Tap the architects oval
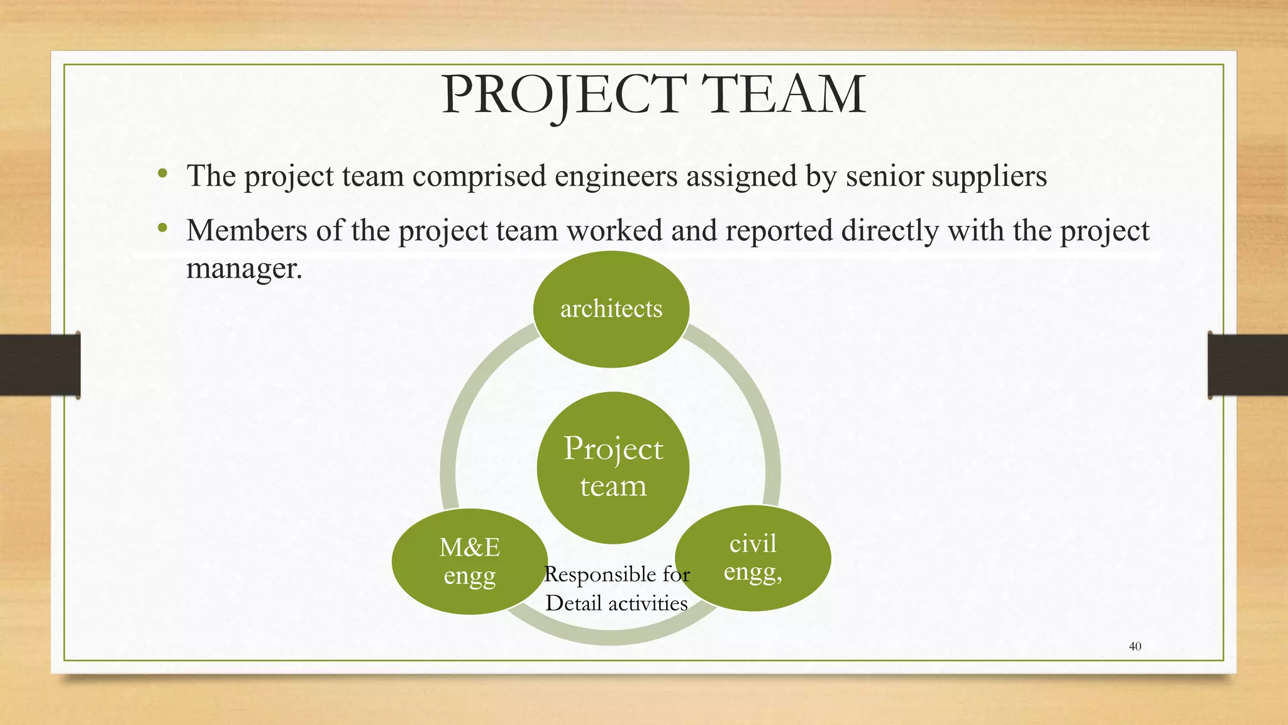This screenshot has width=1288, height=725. click(x=611, y=309)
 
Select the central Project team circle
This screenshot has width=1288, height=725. click(x=613, y=468)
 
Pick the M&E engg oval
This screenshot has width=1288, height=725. click(x=469, y=561)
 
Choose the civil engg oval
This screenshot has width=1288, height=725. click(x=753, y=558)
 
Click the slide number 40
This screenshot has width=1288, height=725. click(x=1135, y=646)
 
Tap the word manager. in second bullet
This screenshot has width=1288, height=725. click(x=245, y=269)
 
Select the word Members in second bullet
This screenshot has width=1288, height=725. click(x=247, y=230)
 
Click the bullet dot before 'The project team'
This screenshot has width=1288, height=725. click(x=163, y=173)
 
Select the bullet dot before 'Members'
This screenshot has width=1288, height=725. click(x=163, y=228)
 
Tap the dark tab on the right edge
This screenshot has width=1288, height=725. click(x=1248, y=365)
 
